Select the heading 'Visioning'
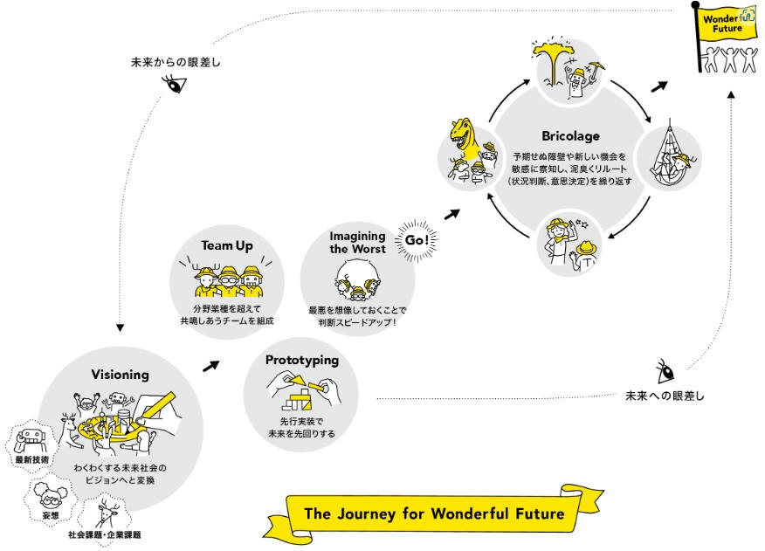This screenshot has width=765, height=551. [x=120, y=375]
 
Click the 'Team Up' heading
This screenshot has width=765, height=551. [x=226, y=246]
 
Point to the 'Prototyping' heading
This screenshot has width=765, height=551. [x=301, y=360]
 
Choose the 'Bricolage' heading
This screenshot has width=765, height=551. [x=570, y=136]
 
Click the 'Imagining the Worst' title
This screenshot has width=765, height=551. [x=357, y=242]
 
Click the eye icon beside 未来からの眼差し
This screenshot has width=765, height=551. [x=176, y=85]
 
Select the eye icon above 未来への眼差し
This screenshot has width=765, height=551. [x=665, y=370]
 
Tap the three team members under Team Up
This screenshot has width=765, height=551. [x=226, y=281]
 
